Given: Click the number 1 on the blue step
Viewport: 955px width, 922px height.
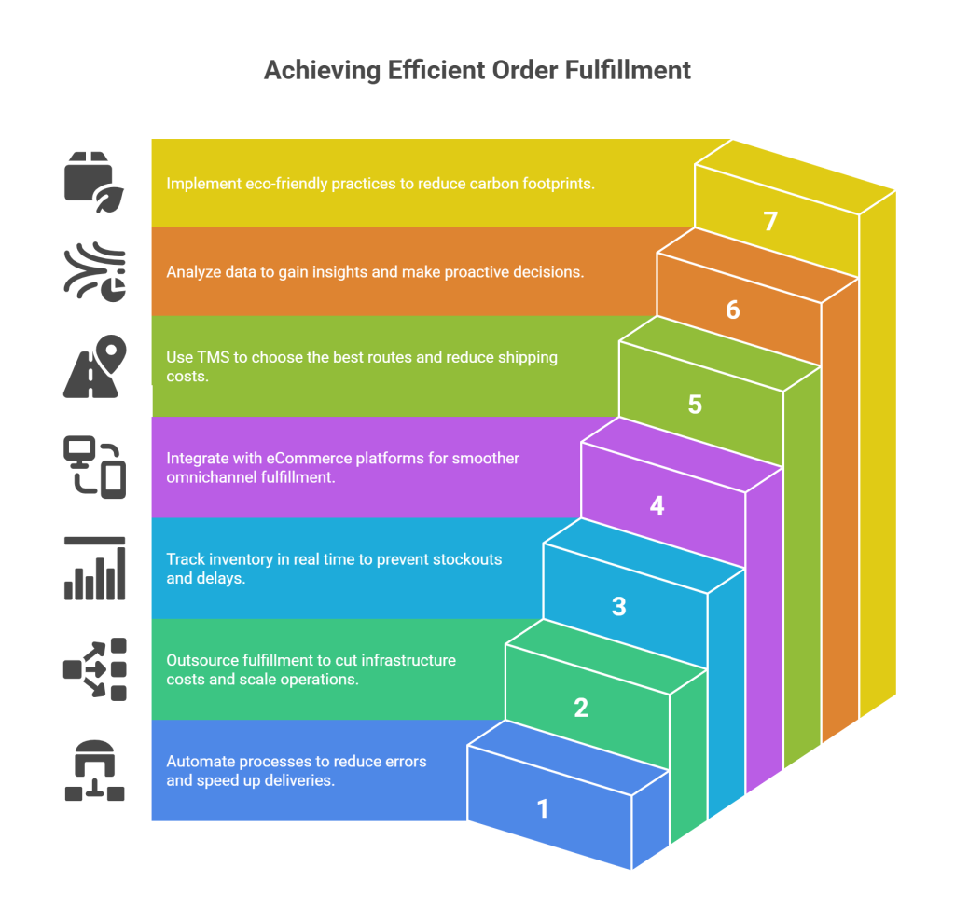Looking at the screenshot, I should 543,808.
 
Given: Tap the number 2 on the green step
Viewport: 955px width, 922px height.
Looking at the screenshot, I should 581,708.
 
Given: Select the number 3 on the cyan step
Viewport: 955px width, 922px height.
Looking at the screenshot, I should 619,606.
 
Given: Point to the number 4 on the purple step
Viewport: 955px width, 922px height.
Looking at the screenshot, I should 657,505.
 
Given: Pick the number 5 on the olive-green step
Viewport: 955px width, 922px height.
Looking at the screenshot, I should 695,405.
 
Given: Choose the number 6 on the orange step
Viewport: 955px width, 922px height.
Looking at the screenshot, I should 733,310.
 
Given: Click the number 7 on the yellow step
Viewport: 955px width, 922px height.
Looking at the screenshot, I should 770,222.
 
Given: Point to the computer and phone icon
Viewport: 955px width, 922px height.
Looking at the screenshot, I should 93,466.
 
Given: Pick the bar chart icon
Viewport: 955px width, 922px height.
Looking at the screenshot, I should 93,568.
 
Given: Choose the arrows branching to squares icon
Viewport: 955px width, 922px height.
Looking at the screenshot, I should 93,668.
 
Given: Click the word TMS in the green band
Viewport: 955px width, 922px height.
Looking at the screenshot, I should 211,358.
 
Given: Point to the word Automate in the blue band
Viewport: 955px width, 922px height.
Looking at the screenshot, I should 198,762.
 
